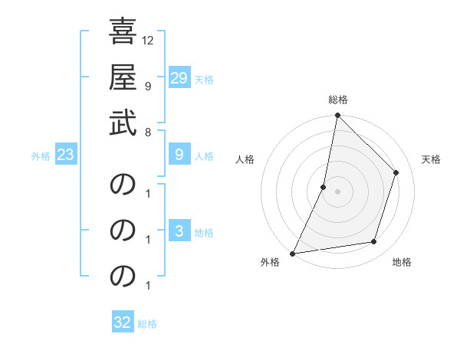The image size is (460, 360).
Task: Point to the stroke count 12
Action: pyautogui.click(x=149, y=40)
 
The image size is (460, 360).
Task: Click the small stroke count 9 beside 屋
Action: pyautogui.click(x=147, y=86)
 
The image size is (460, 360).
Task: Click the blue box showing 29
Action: pyautogui.click(x=179, y=78)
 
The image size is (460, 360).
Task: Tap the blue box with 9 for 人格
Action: pyautogui.click(x=179, y=155)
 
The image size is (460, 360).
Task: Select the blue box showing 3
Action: pyautogui.click(x=179, y=231)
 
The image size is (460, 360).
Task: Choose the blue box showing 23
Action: pyautogui.click(x=66, y=155)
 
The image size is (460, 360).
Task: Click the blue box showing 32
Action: pyautogui.click(x=123, y=322)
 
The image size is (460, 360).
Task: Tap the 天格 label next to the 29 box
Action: pyautogui.click(x=204, y=79)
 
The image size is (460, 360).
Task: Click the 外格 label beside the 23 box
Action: pyautogui.click(x=41, y=155)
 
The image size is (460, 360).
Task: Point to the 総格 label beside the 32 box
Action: pyautogui.click(x=147, y=323)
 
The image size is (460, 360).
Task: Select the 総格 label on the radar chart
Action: pyautogui.click(x=338, y=100)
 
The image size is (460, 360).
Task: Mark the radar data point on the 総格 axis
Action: pyautogui.click(x=337, y=116)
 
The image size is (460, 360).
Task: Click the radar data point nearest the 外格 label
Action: pyautogui.click(x=292, y=253)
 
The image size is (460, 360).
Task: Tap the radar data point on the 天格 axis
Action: pyautogui.click(x=396, y=172)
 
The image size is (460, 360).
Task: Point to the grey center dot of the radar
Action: pyautogui.click(x=337, y=191)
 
